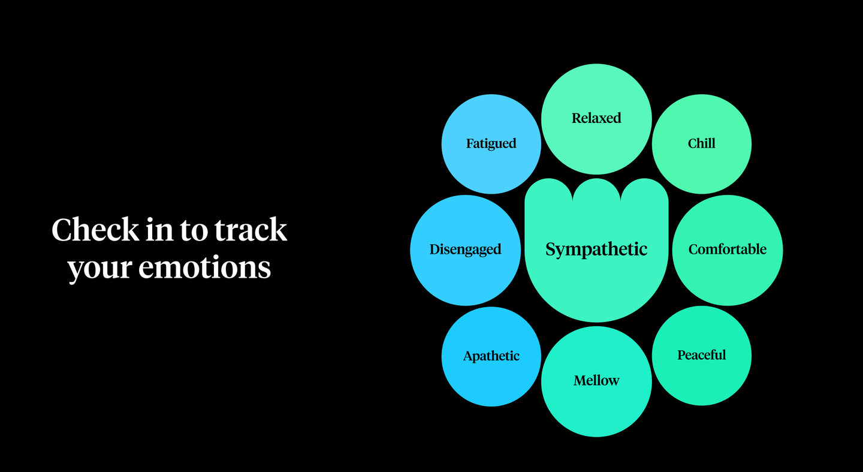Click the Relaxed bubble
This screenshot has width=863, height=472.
click(x=596, y=119)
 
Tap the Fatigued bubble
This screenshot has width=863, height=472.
click(x=491, y=144)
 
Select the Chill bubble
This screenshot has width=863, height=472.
click(x=702, y=144)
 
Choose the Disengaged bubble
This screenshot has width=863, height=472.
click(x=466, y=250)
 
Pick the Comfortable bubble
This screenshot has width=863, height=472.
click(x=728, y=250)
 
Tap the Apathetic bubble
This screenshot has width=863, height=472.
click(x=491, y=356)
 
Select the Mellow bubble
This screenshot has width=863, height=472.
click(x=596, y=381)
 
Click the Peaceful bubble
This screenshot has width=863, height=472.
click(x=702, y=356)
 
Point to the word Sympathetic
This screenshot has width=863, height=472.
click(x=596, y=249)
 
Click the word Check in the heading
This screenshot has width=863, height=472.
click(x=95, y=230)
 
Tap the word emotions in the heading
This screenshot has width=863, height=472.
click(x=204, y=267)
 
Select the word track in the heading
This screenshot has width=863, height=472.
click(x=251, y=230)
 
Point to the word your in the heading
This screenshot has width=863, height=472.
click(x=99, y=270)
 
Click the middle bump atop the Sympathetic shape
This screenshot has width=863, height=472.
click(x=596, y=190)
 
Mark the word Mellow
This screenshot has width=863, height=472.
click(x=596, y=381)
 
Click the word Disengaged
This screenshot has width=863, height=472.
click(x=466, y=249)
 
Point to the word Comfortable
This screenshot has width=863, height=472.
click(x=728, y=249)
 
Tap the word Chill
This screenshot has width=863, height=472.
click(x=702, y=143)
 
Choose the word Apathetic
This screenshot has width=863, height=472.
click(x=491, y=356)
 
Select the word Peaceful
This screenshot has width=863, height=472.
click(x=702, y=355)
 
